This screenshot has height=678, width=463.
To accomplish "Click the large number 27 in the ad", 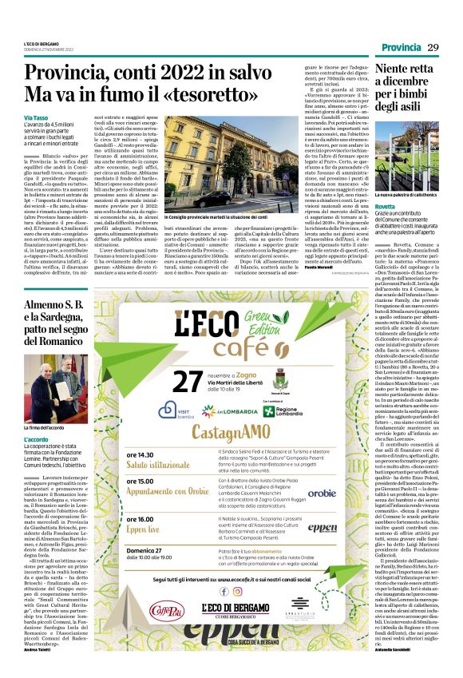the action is pyautogui.click(x=185, y=382).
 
